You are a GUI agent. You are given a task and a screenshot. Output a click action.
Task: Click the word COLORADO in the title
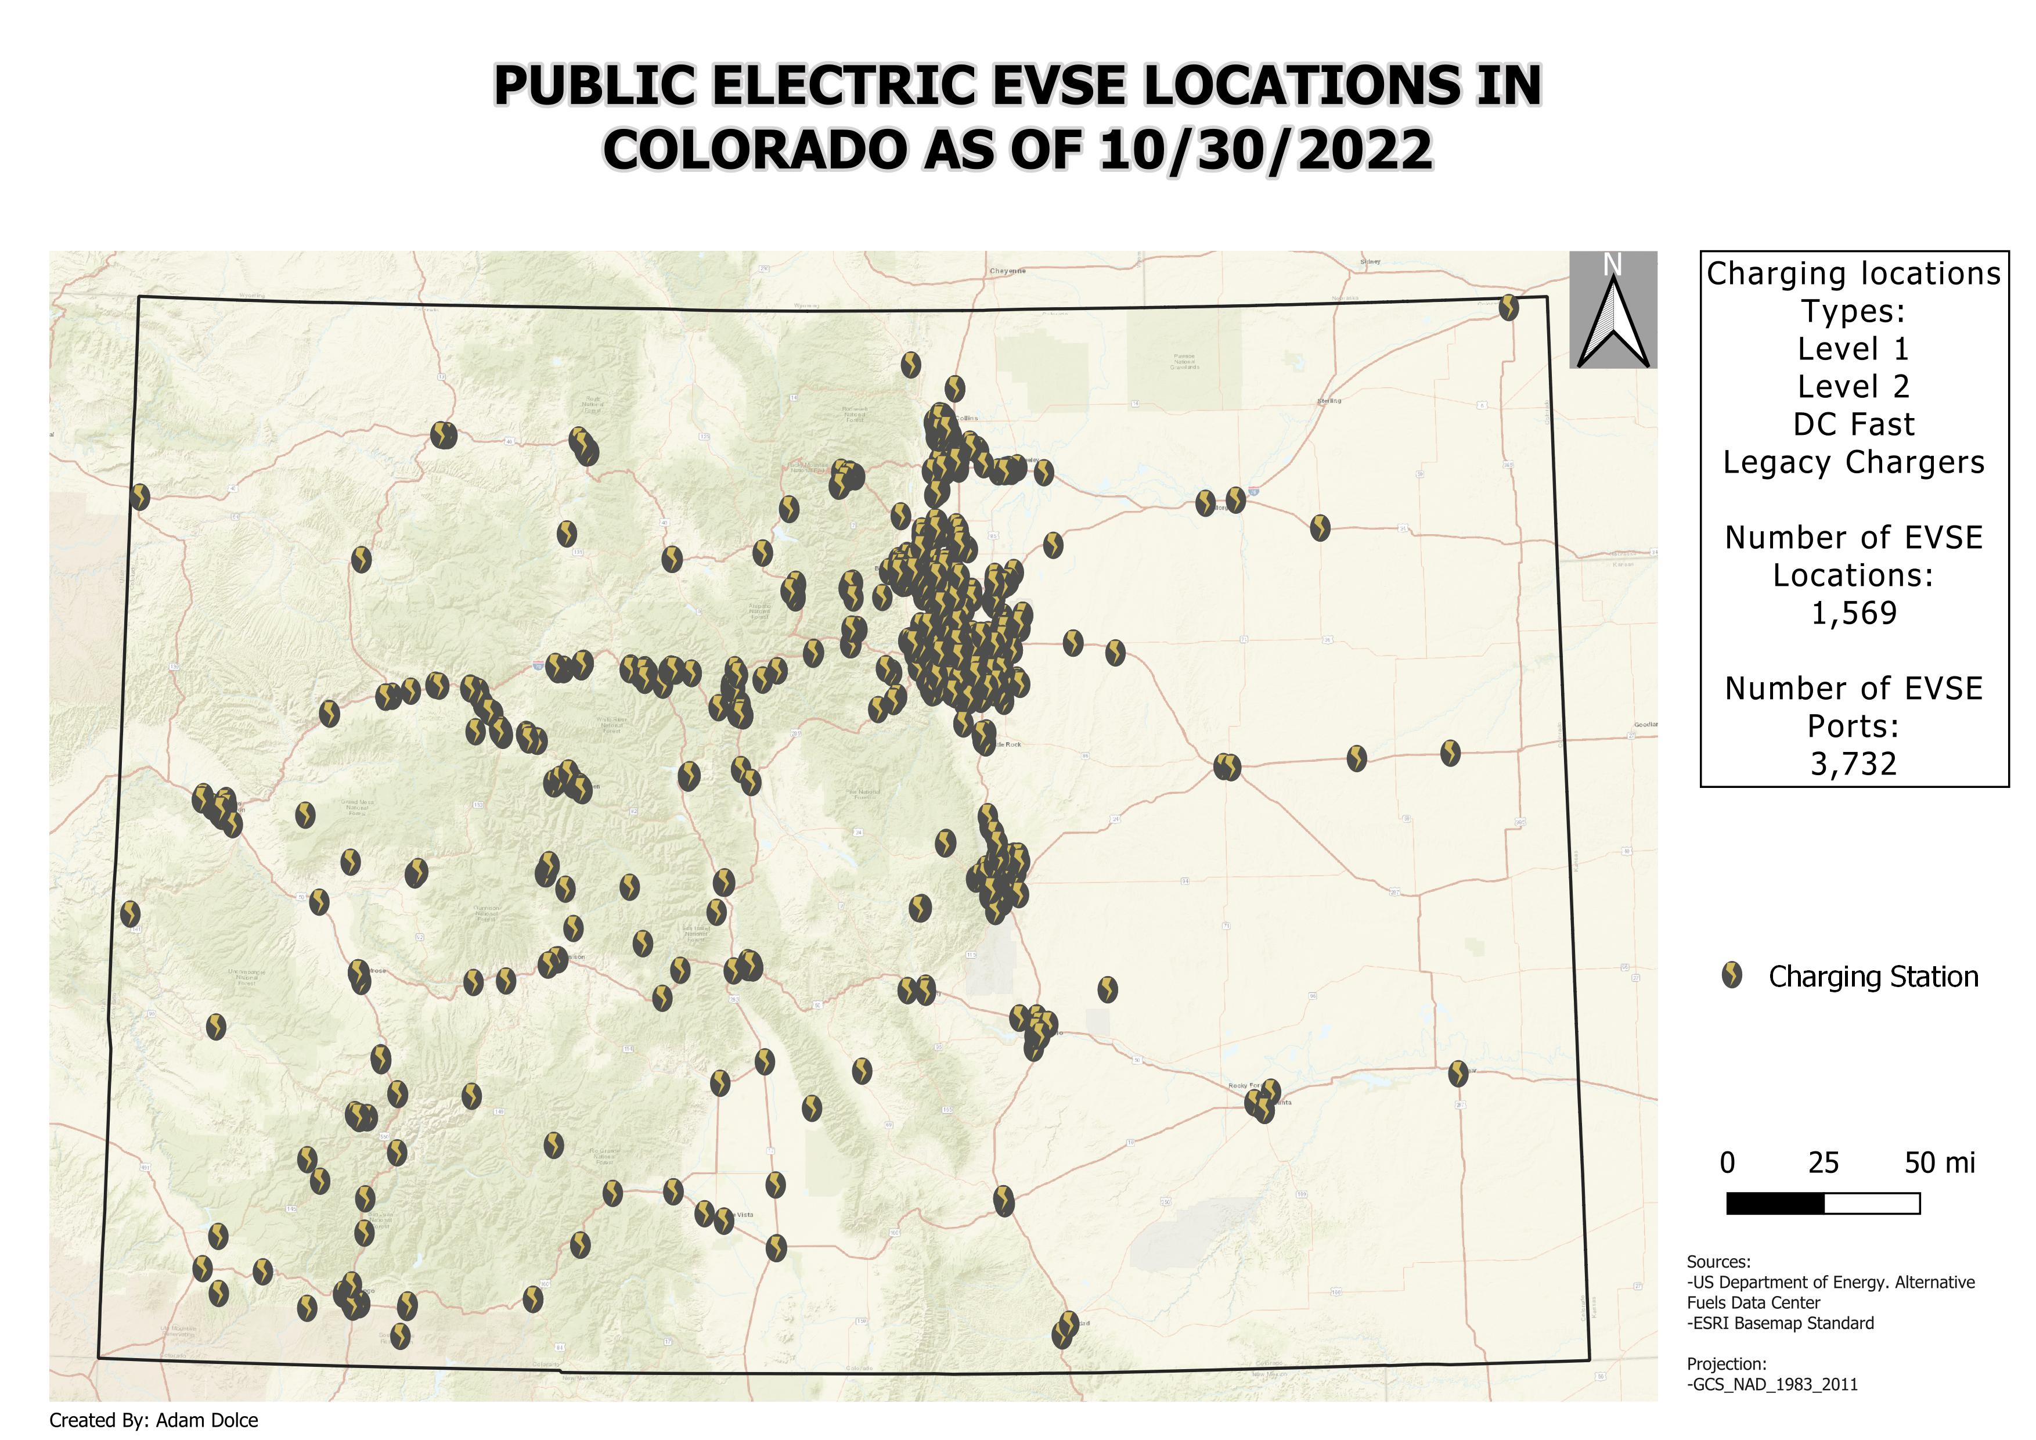click(753, 149)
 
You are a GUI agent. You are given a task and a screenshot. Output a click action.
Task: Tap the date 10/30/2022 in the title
click(1266, 149)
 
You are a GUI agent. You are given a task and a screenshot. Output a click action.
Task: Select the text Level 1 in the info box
click(1853, 350)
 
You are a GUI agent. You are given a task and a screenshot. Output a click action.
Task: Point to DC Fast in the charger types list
click(1853, 424)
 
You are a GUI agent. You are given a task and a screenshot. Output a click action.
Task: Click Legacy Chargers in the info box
click(1853, 463)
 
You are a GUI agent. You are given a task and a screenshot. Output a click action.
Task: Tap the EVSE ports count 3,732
click(1853, 764)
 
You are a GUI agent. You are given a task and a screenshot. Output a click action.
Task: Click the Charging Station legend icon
click(1731, 976)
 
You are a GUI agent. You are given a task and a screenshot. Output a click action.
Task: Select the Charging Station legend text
click(1873, 977)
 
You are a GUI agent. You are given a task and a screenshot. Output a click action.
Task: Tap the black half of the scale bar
click(1775, 1203)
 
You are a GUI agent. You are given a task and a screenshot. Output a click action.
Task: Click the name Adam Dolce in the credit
click(207, 1420)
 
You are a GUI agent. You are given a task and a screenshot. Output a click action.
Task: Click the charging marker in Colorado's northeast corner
click(1508, 308)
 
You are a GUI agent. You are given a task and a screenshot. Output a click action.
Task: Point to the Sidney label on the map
click(1370, 261)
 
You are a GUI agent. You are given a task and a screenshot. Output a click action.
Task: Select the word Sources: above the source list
click(1718, 1262)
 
